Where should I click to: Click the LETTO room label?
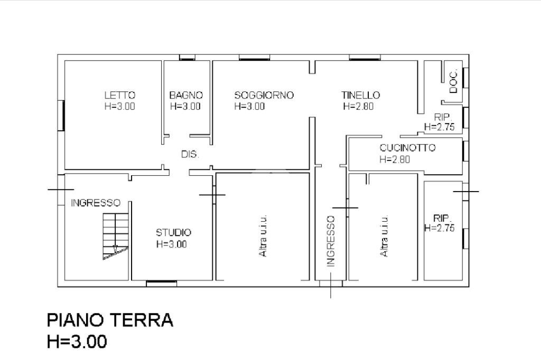(120, 96)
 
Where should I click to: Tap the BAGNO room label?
(186, 96)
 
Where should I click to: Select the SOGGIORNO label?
(264, 96)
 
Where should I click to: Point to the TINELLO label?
(361, 96)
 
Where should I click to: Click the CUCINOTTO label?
(407, 148)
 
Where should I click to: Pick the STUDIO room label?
(173, 233)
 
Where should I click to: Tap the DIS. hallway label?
(190, 155)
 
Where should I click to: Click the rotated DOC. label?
(453, 82)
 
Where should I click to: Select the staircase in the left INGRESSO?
(115, 235)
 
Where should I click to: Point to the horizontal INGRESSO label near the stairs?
(96, 203)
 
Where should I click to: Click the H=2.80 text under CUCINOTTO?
(395, 159)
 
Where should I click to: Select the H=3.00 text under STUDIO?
(172, 244)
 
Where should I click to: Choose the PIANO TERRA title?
(110, 320)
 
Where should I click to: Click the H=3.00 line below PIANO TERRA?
(77, 342)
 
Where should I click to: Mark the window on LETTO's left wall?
(62, 115)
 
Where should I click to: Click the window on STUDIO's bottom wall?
(161, 284)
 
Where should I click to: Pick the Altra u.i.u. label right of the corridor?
(384, 236)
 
